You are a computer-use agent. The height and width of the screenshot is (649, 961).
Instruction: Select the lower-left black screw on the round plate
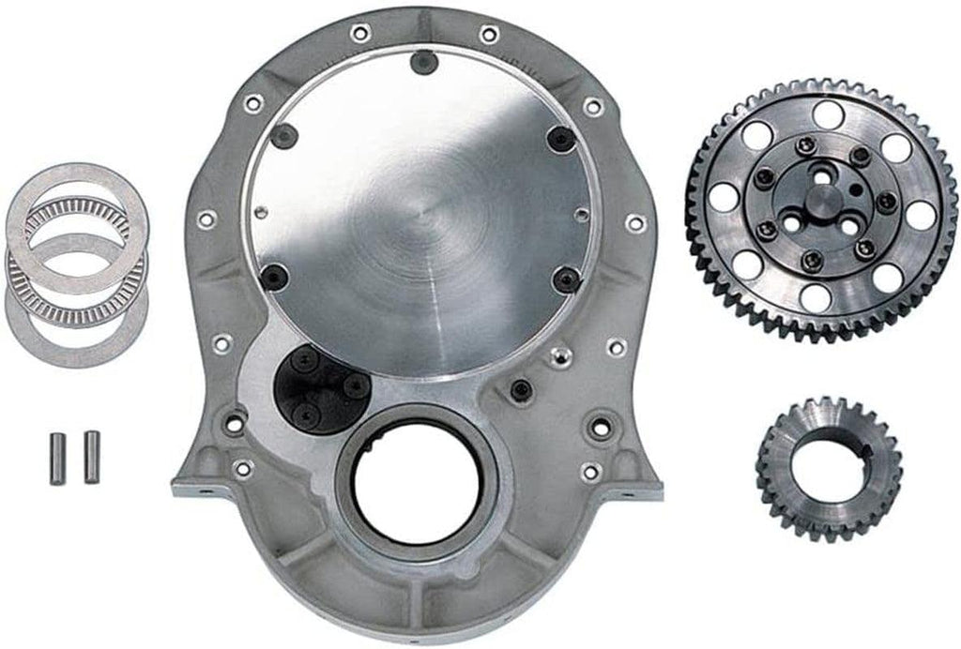[275, 275]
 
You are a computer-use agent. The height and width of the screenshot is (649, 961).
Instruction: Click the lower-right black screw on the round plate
[566, 279]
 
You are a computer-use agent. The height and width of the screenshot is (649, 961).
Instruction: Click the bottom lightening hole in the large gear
[816, 297]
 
